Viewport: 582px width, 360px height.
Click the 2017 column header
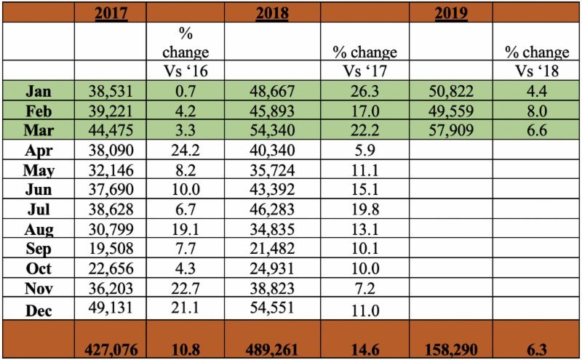[111, 13]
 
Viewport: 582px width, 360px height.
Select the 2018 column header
[271, 13]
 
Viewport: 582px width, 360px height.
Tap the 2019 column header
[450, 13]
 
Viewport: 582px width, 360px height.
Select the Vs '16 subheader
[185, 71]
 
